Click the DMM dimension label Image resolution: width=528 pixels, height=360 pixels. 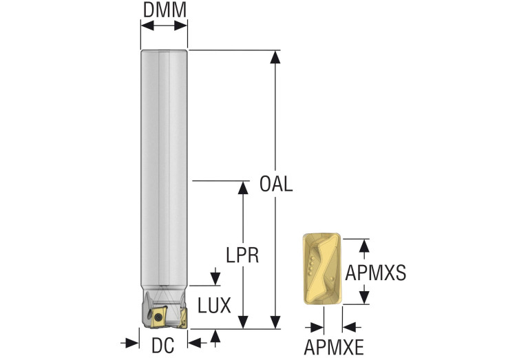164,10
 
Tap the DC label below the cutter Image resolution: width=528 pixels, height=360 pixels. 163,344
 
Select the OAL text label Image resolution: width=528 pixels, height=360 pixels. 276,184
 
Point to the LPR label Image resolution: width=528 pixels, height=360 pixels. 242,255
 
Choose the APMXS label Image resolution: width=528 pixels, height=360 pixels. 376,273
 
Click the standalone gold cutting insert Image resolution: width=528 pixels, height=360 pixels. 321,271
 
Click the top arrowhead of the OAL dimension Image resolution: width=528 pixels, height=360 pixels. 276,57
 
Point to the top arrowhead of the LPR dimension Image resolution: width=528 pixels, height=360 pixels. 243,188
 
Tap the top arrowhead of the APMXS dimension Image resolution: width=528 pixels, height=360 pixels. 366,245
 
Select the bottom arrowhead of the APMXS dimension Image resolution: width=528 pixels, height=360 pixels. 366,297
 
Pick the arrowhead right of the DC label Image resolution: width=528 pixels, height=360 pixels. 196,342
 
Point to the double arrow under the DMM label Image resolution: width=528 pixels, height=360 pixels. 164,26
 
